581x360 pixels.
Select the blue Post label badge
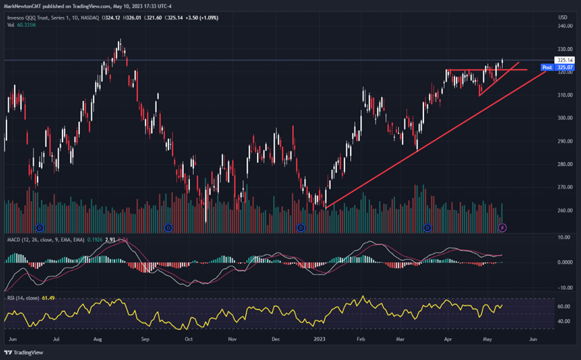[547, 67]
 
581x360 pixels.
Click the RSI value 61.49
[49, 297]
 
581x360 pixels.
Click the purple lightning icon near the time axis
[503, 227]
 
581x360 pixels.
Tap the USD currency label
[563, 17]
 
